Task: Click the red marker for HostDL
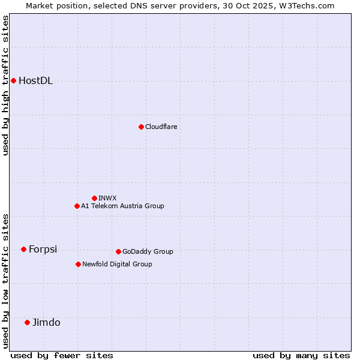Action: click(x=13, y=80)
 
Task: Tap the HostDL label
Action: click(x=36, y=81)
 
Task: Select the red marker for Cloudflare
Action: click(x=141, y=127)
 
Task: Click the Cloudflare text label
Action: click(x=161, y=127)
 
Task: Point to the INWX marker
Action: click(x=94, y=198)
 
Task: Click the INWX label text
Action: click(x=108, y=198)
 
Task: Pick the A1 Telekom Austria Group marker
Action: click(x=77, y=206)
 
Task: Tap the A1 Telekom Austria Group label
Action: click(x=122, y=206)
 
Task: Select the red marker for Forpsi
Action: click(x=23, y=249)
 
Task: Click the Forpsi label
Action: click(x=43, y=250)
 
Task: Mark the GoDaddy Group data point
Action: click(x=118, y=251)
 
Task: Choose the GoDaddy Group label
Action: click(x=148, y=251)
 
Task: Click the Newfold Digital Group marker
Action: click(x=78, y=264)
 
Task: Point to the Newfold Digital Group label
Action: click(x=117, y=264)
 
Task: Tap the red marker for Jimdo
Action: click(x=27, y=322)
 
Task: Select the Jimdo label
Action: click(x=46, y=323)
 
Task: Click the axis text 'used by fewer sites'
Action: click(x=62, y=355)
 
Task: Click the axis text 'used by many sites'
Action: click(x=301, y=355)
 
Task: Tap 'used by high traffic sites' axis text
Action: click(x=5, y=85)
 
